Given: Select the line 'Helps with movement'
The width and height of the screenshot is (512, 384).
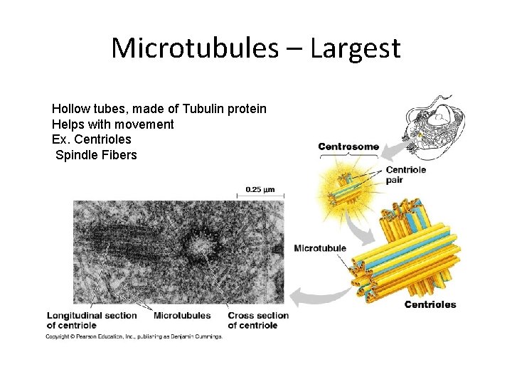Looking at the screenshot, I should [112, 124].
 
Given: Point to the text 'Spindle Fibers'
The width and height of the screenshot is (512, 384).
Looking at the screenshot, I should [96, 155].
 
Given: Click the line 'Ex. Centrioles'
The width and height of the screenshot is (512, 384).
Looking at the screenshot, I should [91, 139].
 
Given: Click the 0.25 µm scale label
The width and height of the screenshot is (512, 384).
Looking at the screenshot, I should [260, 189].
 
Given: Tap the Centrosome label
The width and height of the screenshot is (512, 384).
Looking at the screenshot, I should [348, 147].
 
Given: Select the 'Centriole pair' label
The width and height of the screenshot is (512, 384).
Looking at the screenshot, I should [405, 175].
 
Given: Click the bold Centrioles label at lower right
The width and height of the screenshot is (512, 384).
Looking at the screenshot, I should [430, 305].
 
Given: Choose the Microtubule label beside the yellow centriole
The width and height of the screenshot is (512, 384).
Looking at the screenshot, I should [320, 248].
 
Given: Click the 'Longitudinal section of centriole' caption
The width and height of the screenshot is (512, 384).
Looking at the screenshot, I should [82, 320].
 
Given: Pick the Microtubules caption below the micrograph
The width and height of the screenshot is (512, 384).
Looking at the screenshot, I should [182, 316].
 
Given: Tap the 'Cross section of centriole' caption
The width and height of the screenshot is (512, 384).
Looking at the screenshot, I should [258, 320].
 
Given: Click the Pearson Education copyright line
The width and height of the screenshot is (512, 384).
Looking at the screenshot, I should [134, 336].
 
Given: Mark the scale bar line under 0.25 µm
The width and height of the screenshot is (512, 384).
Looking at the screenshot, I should [260, 196].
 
